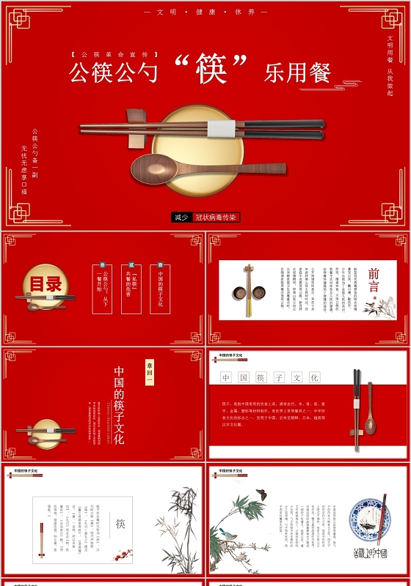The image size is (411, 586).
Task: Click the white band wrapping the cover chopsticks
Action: (x=221, y=129)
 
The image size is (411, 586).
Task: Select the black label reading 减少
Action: (x=181, y=217)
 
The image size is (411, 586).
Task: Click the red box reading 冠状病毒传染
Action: (x=217, y=217)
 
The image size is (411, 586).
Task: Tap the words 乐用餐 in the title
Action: (x=297, y=73)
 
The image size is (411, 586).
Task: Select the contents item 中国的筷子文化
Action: (x=160, y=288)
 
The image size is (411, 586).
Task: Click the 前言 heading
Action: (x=374, y=280)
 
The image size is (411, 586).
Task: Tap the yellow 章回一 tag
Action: (x=149, y=371)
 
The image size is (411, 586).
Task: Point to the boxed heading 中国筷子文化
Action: (x=270, y=378)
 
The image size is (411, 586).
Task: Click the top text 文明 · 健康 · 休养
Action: (x=205, y=12)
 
